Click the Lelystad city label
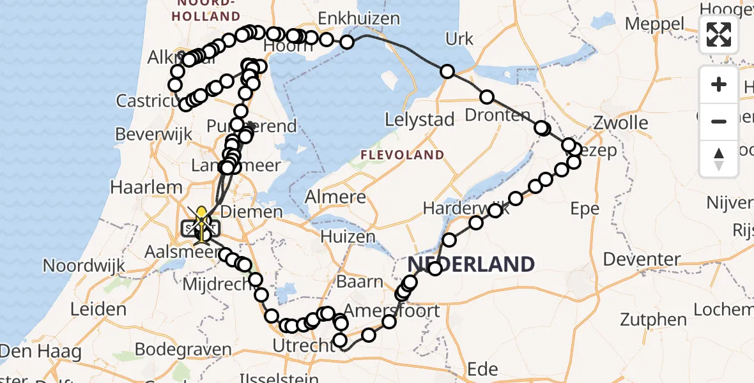tap(420, 119)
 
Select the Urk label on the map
tap(459, 40)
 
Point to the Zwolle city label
tap(620, 123)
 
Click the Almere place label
tap(335, 197)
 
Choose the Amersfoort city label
tap(392, 311)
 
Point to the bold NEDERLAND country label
tap(471, 264)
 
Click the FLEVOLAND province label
tap(402, 155)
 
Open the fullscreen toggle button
tap(719, 34)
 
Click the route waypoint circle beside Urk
tap(447, 71)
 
